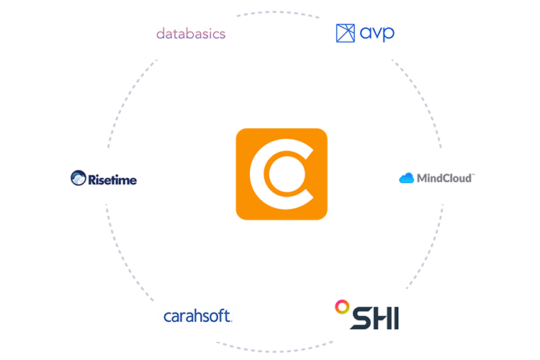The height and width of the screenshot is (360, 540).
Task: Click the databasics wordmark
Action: [191, 33]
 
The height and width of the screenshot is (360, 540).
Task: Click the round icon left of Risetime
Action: [78, 177]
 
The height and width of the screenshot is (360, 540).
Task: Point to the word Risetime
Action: [112, 178]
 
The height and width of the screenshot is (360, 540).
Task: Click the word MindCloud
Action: [445, 177]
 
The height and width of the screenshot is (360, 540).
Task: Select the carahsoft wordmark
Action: [198, 316]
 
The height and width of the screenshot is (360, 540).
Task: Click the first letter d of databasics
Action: [160, 33]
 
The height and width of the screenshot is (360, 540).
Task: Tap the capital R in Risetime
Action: [91, 178]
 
